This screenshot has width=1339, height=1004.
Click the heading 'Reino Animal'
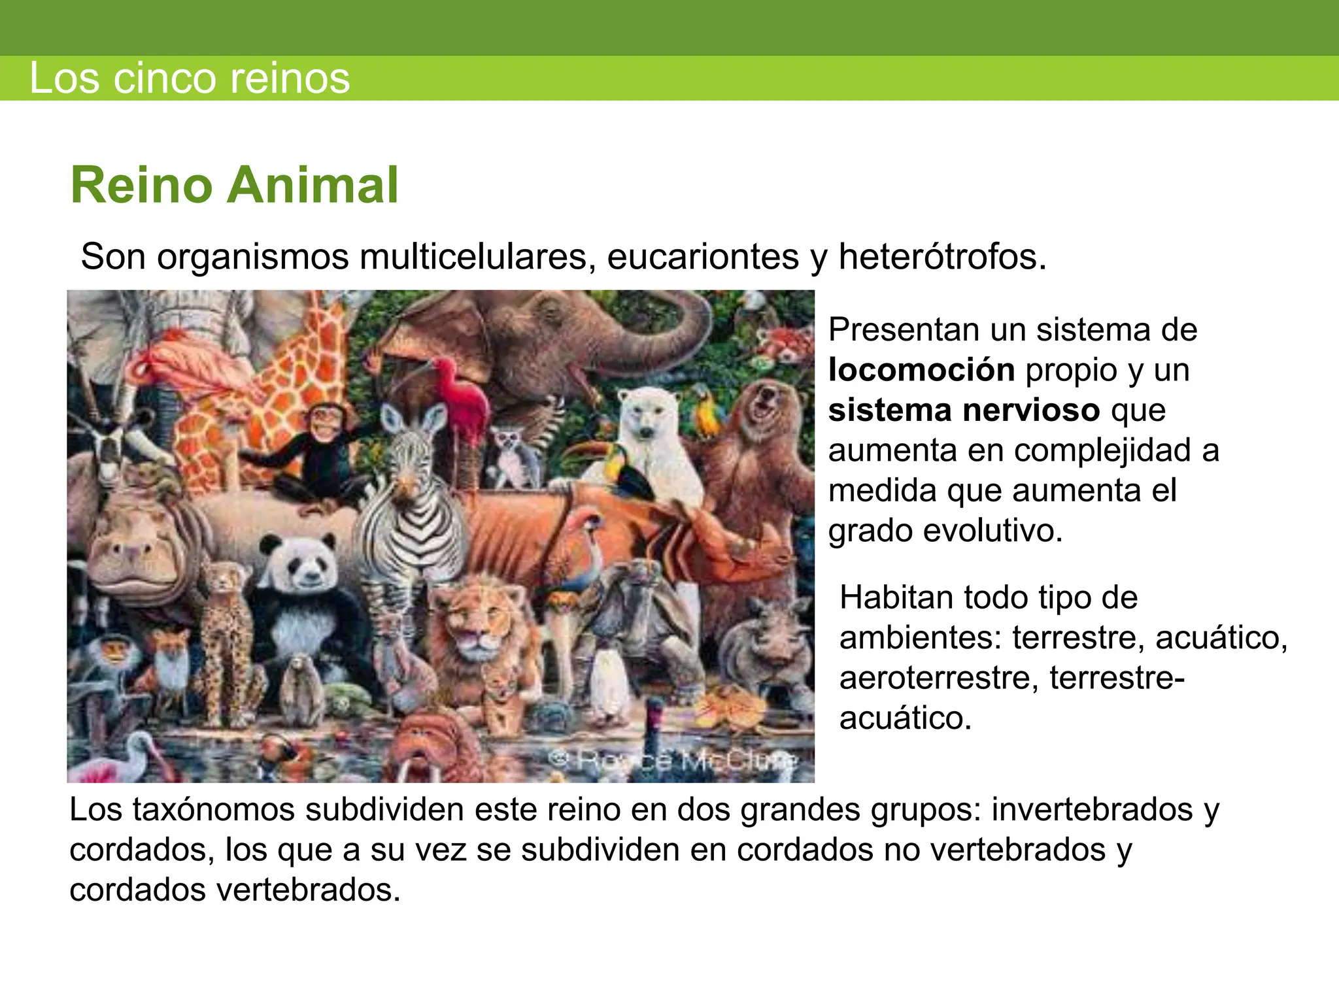click(234, 186)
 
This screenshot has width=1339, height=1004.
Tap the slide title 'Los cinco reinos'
click(190, 78)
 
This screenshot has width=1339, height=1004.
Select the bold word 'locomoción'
click(921, 370)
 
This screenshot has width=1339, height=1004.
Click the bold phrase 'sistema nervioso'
click(964, 410)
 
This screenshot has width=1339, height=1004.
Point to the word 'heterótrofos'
click(942, 256)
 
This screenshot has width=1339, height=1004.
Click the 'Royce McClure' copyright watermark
click(673, 760)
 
